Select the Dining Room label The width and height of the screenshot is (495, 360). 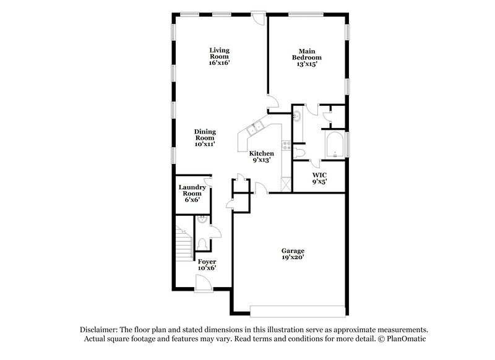[204, 134]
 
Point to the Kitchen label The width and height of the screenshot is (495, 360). [261, 153]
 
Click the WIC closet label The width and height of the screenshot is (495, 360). [319, 175]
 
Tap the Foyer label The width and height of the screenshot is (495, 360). [207, 262]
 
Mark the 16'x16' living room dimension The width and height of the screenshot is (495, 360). [220, 63]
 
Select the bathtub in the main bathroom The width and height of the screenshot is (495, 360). [335, 145]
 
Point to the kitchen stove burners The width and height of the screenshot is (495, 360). [287, 146]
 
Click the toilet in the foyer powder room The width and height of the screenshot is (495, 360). [203, 242]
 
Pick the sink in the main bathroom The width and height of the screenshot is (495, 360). [298, 116]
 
